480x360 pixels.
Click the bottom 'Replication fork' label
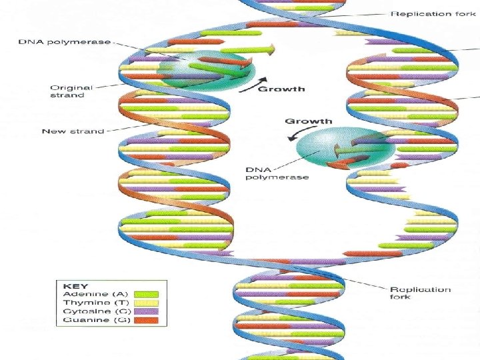[x=420, y=293]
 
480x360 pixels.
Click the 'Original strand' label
[x=71, y=91]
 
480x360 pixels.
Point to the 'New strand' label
[x=73, y=131]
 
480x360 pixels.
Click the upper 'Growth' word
[x=281, y=89]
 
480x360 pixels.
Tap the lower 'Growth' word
[x=308, y=121]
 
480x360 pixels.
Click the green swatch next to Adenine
[x=146, y=294]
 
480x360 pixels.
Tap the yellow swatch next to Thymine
[x=146, y=303]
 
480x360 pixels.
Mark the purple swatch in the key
[x=146, y=311]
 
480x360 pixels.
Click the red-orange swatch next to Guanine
[x=146, y=320]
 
